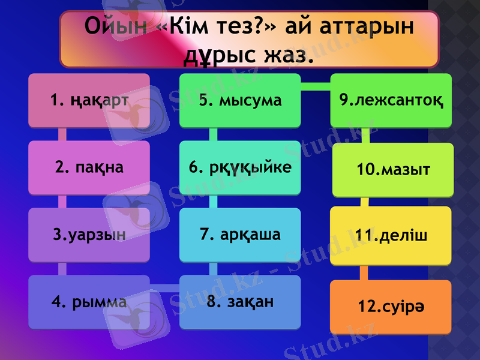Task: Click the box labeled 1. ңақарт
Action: (89, 100)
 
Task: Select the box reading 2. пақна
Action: (89, 167)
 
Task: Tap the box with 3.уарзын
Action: (89, 235)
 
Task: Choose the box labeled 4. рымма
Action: (89, 302)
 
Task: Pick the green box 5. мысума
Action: (240, 100)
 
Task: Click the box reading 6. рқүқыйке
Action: (240, 167)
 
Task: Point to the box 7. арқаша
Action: (240, 235)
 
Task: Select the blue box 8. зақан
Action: (240, 302)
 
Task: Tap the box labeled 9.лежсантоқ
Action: (391, 100)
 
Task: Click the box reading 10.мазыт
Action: (393, 170)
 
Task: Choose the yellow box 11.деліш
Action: (391, 236)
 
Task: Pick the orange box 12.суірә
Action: (391, 307)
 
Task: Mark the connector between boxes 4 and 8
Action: (164, 288)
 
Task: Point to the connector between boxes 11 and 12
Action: (364, 272)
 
